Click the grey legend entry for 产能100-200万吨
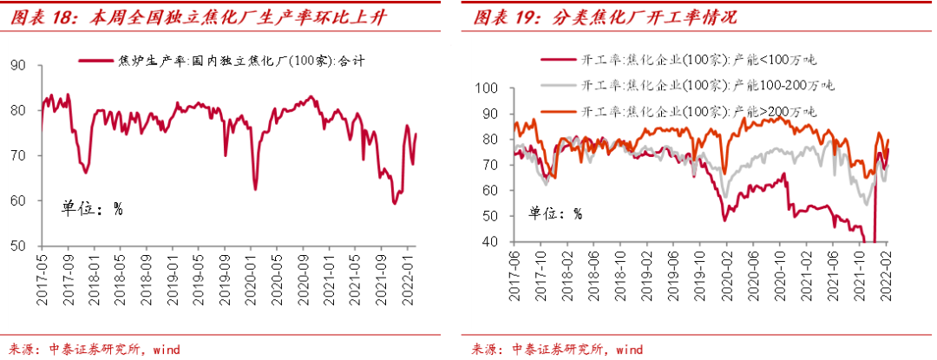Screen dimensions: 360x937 [686, 85]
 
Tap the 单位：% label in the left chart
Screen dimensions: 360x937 [91, 208]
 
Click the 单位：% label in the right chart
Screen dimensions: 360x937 [555, 213]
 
